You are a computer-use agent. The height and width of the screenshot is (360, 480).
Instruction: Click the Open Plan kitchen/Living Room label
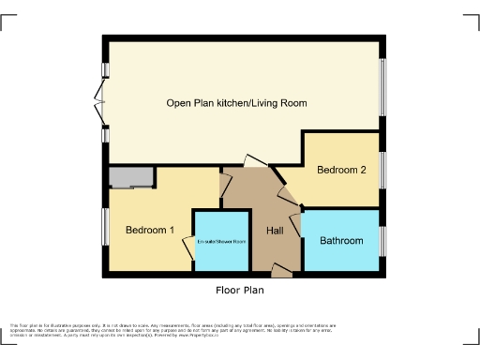tap(236, 103)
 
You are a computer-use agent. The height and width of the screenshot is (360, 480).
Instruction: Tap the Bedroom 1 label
tap(150, 230)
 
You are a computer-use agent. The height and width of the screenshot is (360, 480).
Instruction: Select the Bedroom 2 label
tap(340, 170)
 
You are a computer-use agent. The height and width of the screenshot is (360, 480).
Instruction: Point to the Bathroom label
tap(341, 241)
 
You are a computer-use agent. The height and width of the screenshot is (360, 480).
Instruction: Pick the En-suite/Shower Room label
tap(221, 242)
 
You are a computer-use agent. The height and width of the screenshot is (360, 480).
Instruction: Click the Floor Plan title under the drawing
tap(240, 291)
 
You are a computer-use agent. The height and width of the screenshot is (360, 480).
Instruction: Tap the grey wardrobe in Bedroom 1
tap(130, 177)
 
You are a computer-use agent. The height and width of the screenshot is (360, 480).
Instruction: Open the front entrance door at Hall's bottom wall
tap(280, 272)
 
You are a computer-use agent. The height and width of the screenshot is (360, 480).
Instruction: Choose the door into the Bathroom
tap(296, 223)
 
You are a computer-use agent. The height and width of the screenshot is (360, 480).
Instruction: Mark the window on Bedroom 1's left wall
tap(105, 229)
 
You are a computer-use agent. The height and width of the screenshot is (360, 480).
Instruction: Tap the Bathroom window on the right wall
tap(382, 240)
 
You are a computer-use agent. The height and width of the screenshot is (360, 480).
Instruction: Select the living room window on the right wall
tap(382, 89)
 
